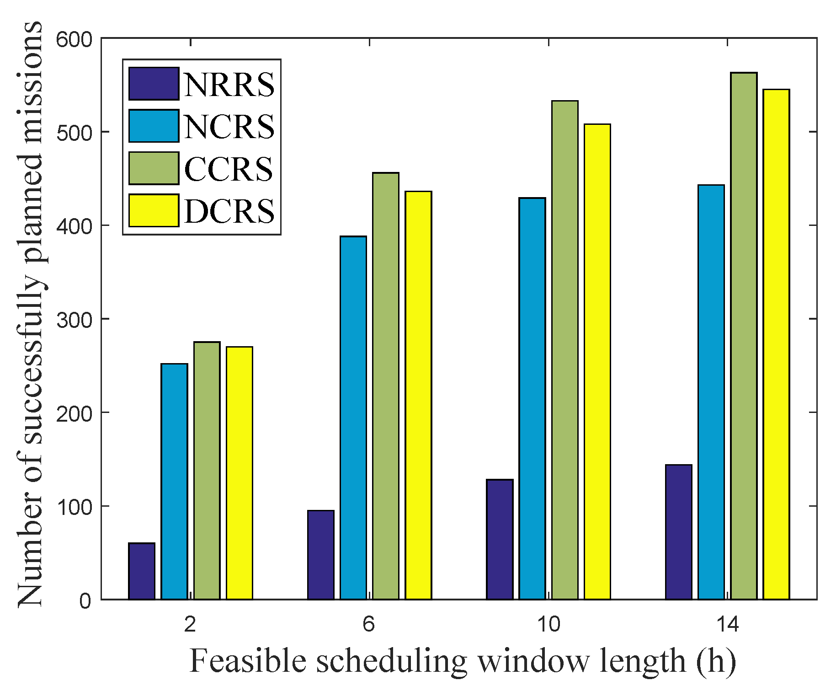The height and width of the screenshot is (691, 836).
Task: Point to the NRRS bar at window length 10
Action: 500,539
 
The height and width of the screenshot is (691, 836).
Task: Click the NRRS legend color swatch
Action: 154,84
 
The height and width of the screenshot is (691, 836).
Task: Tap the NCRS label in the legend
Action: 229,126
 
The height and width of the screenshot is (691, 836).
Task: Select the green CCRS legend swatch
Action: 154,168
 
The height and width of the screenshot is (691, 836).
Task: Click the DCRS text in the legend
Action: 229,211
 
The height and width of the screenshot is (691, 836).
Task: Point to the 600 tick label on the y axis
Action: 74,39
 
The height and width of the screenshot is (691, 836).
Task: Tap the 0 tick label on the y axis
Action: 85,600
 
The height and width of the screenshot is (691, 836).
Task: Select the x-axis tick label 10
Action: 548,624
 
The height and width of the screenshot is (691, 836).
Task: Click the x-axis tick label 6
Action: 369,624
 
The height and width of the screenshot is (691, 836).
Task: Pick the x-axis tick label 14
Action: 727,624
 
